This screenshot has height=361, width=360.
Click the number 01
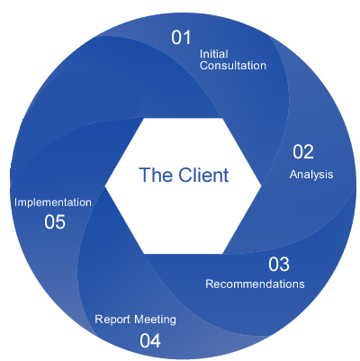click(181, 38)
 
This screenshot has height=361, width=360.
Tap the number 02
click(303, 152)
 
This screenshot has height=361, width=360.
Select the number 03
click(279, 265)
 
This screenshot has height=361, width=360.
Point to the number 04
click(150, 341)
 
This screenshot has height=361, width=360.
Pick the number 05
click(55, 222)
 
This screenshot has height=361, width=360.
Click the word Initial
click(213, 54)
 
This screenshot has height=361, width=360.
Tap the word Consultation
click(233, 66)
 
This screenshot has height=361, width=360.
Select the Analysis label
click(311, 175)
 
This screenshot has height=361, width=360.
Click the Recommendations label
click(255, 284)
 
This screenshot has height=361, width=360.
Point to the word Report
click(112, 320)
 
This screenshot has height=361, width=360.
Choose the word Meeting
click(155, 320)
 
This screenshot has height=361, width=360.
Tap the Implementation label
click(53, 203)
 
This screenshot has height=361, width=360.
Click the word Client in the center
click(203, 175)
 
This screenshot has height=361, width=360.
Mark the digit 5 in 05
click(60, 222)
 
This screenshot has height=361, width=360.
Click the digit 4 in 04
click(156, 341)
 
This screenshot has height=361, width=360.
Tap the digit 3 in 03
click(284, 265)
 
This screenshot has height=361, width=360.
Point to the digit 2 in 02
click(309, 152)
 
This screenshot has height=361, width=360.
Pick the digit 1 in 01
click(186, 38)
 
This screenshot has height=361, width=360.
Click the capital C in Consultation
click(203, 66)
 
